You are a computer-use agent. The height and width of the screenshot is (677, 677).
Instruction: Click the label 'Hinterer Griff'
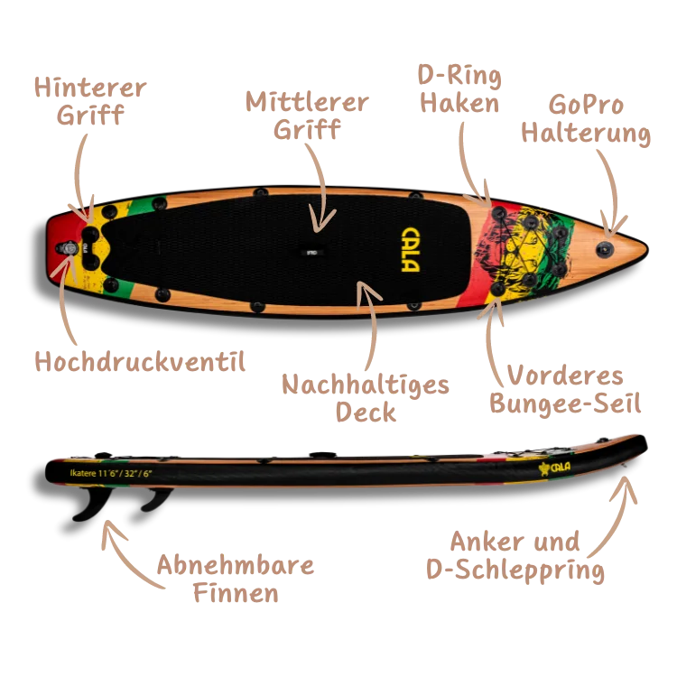[90, 102]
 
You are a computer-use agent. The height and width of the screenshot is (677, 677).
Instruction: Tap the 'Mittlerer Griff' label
[307, 116]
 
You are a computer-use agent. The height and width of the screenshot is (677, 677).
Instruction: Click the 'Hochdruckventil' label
[137, 363]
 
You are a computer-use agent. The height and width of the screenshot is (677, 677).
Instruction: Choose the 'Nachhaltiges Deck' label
[366, 397]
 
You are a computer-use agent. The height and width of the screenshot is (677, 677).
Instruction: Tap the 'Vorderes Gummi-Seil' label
[565, 388]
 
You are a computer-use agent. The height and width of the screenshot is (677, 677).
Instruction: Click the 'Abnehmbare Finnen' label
[235, 580]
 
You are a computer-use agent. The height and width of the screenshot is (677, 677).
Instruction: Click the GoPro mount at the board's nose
[606, 245]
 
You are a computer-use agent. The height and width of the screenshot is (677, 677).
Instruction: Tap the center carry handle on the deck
[310, 252]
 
